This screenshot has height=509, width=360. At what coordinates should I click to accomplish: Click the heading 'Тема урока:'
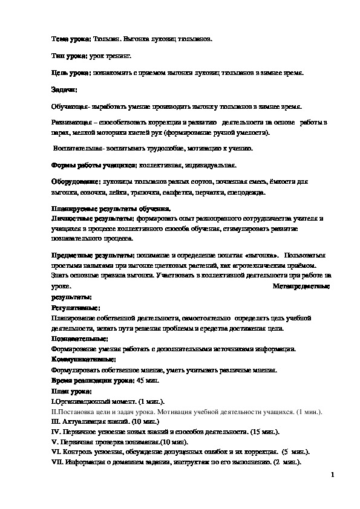tap(71, 38)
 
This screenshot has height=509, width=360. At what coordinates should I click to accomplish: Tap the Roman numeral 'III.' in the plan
tap(56, 422)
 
